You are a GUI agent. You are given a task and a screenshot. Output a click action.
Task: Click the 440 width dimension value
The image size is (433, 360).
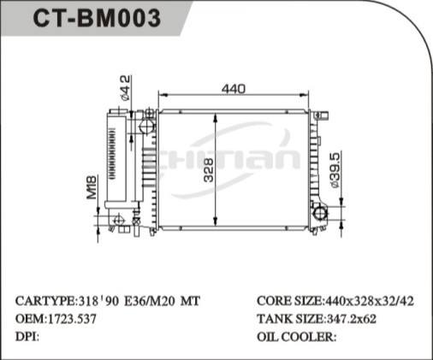[234, 88]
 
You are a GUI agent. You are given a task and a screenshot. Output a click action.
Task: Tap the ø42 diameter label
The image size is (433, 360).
[127, 87]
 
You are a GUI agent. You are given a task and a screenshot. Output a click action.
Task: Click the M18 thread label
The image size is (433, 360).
[92, 187]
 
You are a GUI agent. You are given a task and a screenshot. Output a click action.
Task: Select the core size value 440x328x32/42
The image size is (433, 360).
[370, 302]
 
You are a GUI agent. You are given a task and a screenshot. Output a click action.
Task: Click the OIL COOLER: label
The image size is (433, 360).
[296, 335]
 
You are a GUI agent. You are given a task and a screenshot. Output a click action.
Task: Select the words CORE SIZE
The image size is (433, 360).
[288, 302]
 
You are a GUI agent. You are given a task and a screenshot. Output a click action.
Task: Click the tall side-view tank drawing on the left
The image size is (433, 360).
[116, 162]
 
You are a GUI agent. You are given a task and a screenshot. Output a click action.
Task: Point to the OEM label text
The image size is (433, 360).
[30, 318]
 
